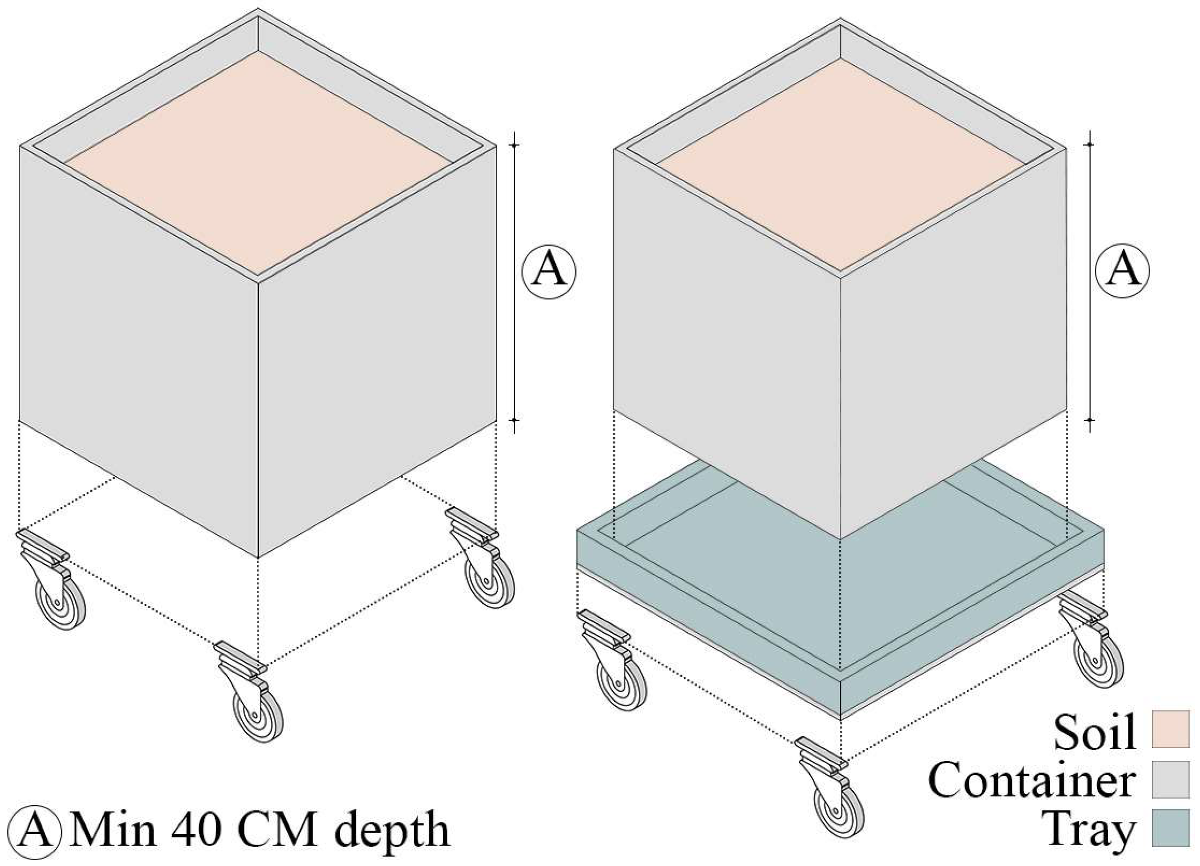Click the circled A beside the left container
(549, 271)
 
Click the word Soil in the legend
(1094, 733)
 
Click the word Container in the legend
(1032, 781)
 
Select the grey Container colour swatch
(1170, 779)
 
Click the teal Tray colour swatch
(1170, 828)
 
